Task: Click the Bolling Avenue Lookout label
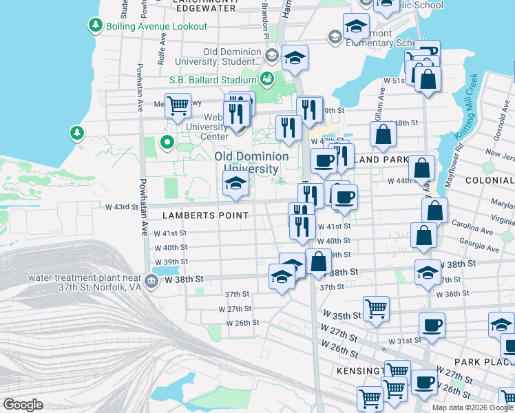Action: click(156, 26)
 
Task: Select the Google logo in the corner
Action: click(23, 405)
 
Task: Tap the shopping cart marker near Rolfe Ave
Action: click(178, 106)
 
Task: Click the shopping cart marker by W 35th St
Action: click(376, 309)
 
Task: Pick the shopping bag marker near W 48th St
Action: click(383, 134)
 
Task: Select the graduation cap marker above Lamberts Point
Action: click(235, 184)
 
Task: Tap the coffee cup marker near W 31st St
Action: click(432, 325)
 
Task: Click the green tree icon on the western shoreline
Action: click(77, 131)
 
